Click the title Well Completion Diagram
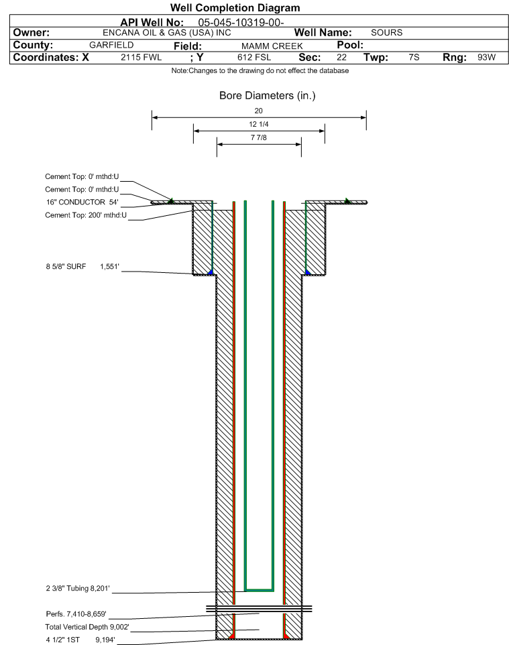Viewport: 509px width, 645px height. [235, 8]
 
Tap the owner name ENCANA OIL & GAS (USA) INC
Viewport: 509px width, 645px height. [167, 33]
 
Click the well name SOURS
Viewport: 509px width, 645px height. [386, 33]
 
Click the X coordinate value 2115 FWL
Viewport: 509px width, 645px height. [141, 58]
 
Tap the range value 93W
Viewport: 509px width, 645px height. [486, 58]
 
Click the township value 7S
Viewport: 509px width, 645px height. [414, 58]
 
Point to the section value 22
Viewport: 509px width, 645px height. [341, 58]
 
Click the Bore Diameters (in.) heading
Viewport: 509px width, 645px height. [267, 96]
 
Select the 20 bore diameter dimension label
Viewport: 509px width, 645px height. [258, 111]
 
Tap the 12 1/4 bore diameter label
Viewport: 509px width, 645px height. [258, 125]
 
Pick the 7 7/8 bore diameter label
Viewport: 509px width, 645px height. [258, 138]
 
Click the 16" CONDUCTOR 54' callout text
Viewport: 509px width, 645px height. [81, 202]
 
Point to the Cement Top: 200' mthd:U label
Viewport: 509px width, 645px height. [86, 215]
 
